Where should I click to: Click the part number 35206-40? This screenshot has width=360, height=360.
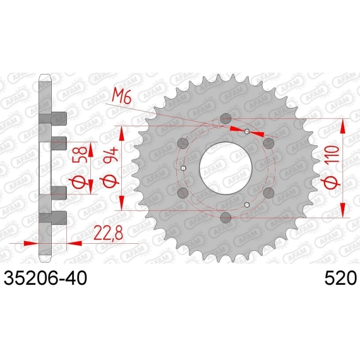[45, 277]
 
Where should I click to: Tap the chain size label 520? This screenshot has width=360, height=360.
[340, 277]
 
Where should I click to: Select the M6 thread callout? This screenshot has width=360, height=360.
[121, 97]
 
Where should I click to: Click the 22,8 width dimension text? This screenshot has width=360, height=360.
[109, 232]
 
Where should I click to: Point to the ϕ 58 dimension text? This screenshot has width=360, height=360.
[80, 167]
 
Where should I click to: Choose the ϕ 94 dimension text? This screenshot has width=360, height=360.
[110, 168]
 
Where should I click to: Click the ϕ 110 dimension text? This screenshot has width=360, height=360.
[333, 165]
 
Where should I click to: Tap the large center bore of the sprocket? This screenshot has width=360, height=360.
[225, 168]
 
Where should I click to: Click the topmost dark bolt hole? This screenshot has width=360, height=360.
[225, 119]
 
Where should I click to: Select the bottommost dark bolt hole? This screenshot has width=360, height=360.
[225, 217]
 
